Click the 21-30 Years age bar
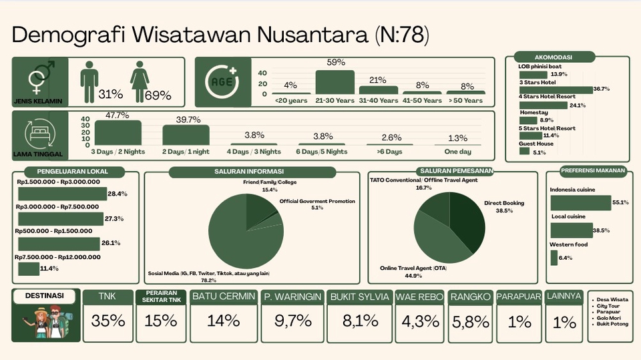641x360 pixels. click(x=335, y=82)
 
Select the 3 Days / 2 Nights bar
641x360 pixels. click(x=118, y=132)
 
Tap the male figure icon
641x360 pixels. click(x=89, y=81)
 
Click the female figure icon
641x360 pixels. click(x=140, y=81)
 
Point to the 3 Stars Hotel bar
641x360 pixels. click(x=556, y=89)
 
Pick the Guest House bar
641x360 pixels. click(x=525, y=151)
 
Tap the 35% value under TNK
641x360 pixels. click(x=108, y=321)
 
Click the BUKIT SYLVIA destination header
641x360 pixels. click(x=360, y=297)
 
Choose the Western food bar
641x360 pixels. click(x=554, y=258)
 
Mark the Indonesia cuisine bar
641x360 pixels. click(x=580, y=203)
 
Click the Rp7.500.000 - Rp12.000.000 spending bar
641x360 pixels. click(x=29, y=268)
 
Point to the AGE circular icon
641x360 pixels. click(x=222, y=81)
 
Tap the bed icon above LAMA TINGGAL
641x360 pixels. click(x=39, y=134)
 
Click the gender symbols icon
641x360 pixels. click(x=41, y=77)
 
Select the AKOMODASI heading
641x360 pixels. click(x=554, y=57)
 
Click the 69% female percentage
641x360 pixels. click(x=158, y=96)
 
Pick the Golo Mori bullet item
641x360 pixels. click(x=609, y=318)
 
